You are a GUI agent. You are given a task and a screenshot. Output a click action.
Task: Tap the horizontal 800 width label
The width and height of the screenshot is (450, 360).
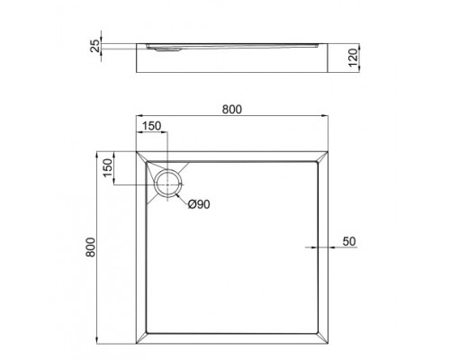tap(231, 108)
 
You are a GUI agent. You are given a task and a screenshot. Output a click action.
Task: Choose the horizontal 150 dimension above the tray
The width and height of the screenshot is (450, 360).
tap(152, 126)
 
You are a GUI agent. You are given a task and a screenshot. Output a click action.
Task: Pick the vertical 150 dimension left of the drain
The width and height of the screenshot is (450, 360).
tap(106, 167)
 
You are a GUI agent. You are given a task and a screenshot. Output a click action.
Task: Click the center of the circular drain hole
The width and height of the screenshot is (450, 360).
tap(167, 186)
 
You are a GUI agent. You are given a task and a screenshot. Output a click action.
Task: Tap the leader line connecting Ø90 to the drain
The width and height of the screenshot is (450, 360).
tap(182, 199)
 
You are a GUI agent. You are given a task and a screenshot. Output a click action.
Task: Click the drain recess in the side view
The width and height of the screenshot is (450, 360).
tap(166, 49)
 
